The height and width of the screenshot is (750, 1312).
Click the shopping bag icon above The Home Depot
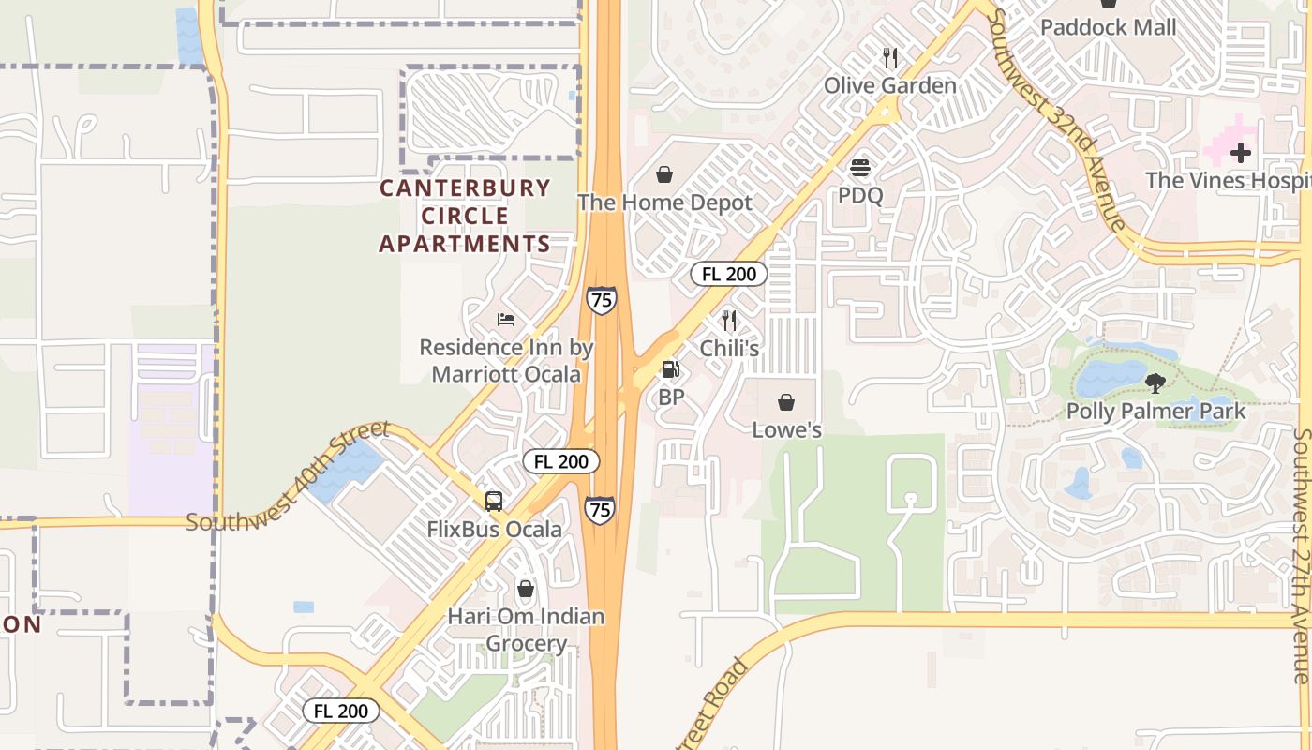663,174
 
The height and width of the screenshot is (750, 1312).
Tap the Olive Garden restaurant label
889,86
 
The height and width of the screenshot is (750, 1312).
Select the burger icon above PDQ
859,169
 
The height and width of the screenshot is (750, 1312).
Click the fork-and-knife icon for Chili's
729,321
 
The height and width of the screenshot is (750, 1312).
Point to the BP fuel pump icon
670,369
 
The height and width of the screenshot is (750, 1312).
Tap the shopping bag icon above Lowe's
786,402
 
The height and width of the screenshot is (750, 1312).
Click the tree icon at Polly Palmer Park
1155,382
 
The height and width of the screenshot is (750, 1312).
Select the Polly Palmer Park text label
1155,412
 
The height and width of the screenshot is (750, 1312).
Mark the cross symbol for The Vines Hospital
1241,152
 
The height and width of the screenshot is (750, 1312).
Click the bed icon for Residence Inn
506,320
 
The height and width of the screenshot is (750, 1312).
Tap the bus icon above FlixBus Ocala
494,501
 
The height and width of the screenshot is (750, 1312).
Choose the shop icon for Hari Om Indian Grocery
526,589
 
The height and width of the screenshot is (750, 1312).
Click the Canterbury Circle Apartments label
465,216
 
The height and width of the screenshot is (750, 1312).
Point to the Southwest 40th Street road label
288,476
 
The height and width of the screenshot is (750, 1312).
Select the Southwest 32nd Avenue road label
1056,119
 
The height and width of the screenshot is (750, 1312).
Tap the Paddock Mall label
1108,27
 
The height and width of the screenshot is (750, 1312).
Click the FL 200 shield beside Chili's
729,274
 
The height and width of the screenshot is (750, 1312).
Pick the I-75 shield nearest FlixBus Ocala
600,510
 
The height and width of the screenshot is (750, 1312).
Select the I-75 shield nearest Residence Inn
601,300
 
